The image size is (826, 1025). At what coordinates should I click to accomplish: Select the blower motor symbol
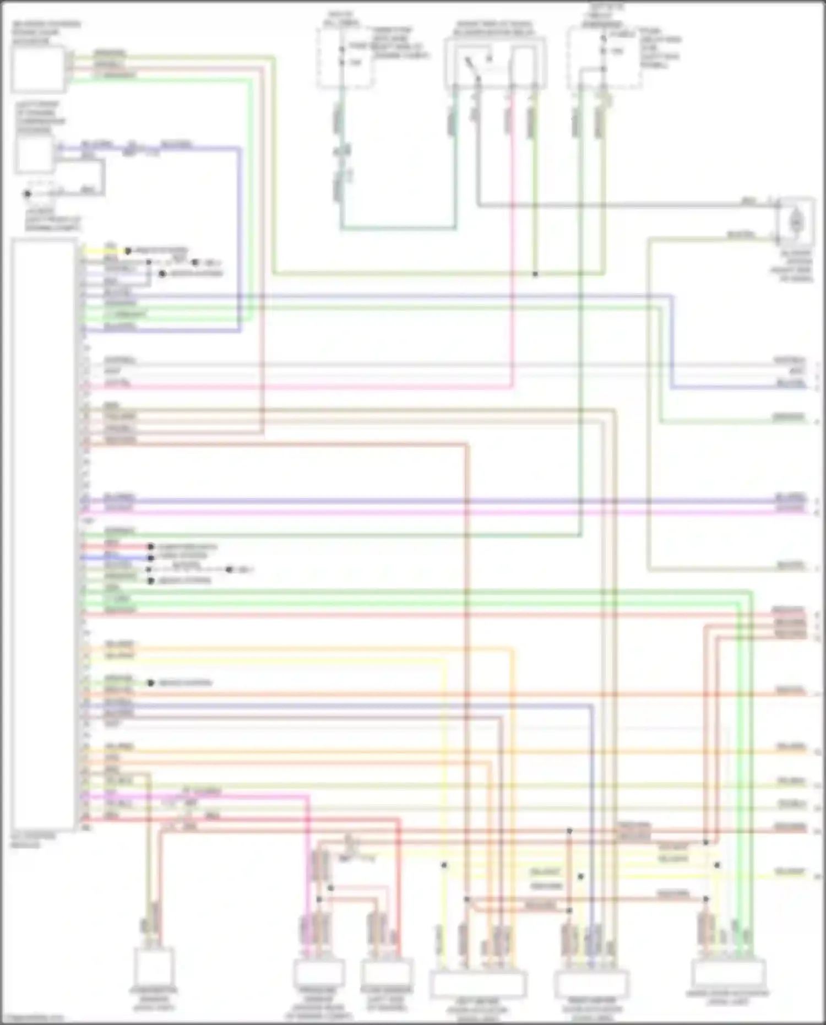coord(795,221)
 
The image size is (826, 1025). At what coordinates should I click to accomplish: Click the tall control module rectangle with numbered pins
coord(44,534)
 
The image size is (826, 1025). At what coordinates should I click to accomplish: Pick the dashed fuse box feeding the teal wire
coord(344,57)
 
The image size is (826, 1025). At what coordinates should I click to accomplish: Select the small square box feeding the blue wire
coord(34,154)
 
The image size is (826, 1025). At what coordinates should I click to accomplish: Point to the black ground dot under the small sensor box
coord(27,194)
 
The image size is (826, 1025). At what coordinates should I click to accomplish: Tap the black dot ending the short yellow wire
coord(128,251)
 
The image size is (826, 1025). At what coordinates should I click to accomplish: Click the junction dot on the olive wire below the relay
coord(535,274)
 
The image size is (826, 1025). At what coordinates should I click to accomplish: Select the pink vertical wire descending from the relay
coord(512,248)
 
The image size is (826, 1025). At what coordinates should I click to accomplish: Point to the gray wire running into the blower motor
coord(622,206)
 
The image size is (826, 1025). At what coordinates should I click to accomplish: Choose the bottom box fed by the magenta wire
coord(318,974)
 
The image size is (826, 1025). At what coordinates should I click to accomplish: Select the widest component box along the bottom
coord(477,985)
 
